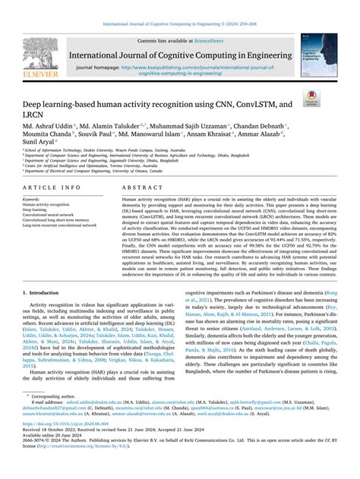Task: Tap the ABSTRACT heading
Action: click(137, 187)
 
